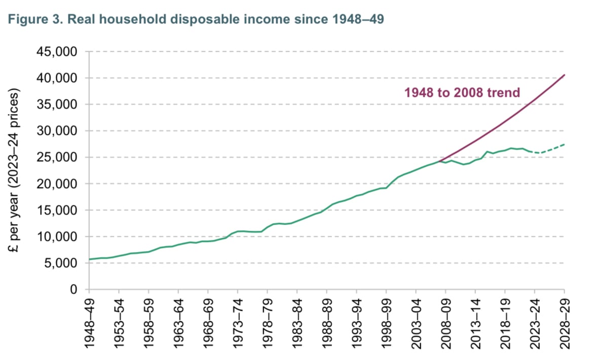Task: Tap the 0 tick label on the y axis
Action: pyautogui.click(x=73, y=290)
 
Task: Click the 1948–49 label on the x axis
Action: pyautogui.click(x=90, y=319)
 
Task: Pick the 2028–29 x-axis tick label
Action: pyautogui.click(x=565, y=319)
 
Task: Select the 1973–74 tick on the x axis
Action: pyautogui.click(x=238, y=319)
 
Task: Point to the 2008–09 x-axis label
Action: pyautogui.click(x=446, y=319)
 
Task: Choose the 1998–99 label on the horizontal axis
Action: pyautogui.click(x=386, y=319)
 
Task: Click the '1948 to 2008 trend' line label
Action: pyautogui.click(x=462, y=93)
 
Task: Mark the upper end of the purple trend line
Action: pyautogui.click(x=565, y=75)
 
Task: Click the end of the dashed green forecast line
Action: pyautogui.click(x=565, y=145)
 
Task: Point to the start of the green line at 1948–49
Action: pyautogui.click(x=90, y=259)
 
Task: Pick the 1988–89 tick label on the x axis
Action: pyautogui.click(x=327, y=319)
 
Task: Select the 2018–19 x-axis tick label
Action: pyautogui.click(x=505, y=319)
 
